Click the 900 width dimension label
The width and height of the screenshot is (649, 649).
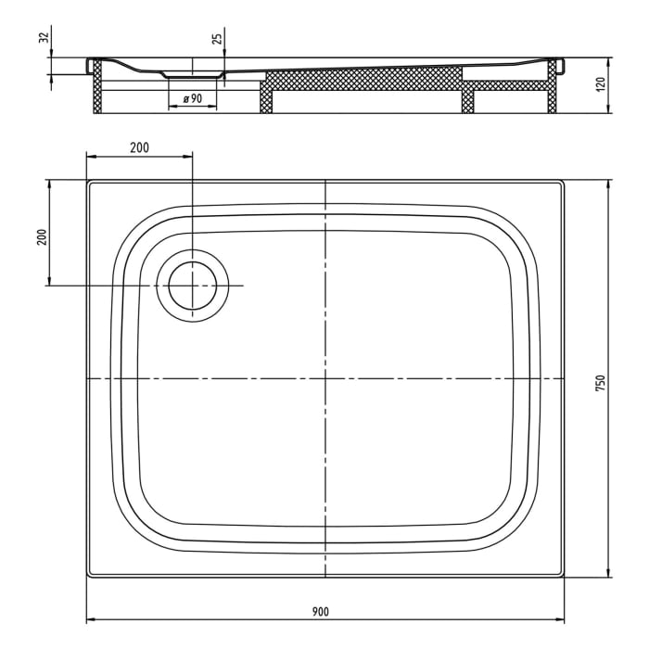coord(321,611)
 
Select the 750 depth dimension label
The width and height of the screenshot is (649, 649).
coord(600,382)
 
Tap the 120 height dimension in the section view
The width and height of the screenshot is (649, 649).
coord(600,84)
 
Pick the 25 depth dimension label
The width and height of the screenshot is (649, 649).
coord(216,39)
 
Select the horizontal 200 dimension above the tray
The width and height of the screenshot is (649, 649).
coord(139,147)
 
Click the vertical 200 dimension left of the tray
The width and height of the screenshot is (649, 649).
coord(41,236)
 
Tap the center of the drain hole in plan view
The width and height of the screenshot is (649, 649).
coord(192,286)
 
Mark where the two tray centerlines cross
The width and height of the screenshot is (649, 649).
coord(325,379)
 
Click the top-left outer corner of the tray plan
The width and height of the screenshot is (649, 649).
coord(87,181)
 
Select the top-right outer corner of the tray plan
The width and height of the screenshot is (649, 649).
coord(565,181)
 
